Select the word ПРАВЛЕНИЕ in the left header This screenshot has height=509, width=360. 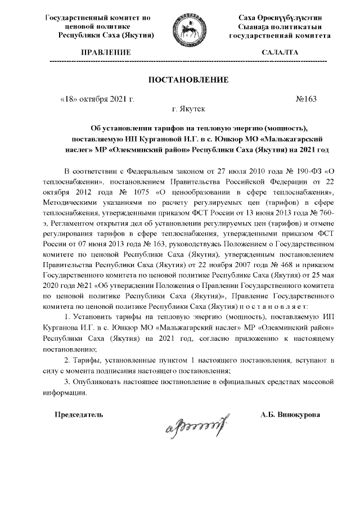pyautogui.click(x=106, y=52)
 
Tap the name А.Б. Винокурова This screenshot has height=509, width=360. pyautogui.click(x=291, y=415)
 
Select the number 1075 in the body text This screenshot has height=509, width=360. pyautogui.click(x=136, y=191)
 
